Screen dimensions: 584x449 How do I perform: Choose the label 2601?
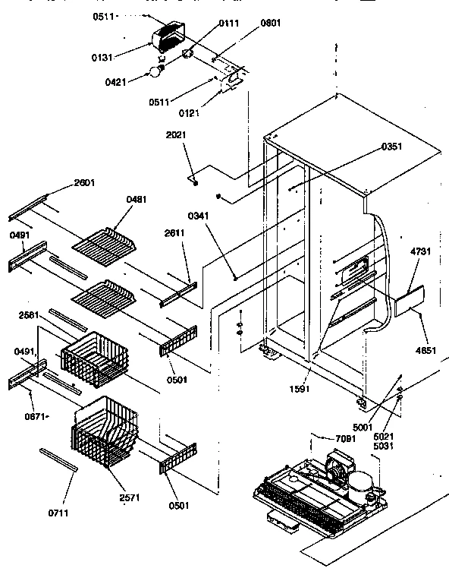point(86,182)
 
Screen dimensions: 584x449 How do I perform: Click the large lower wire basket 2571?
point(106,433)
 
